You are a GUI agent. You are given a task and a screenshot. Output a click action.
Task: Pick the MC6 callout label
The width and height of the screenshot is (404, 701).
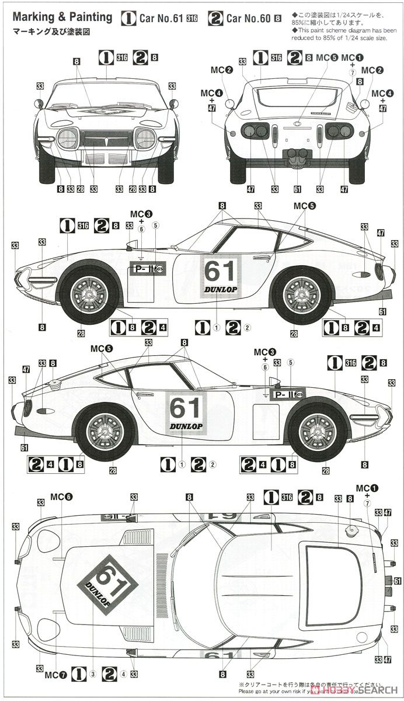click(x=61, y=497)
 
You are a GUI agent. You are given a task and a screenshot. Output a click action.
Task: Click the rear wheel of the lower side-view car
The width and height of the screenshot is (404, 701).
click(x=107, y=433)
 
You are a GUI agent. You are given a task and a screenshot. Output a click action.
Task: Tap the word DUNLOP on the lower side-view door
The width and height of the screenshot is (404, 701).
click(x=186, y=426)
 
